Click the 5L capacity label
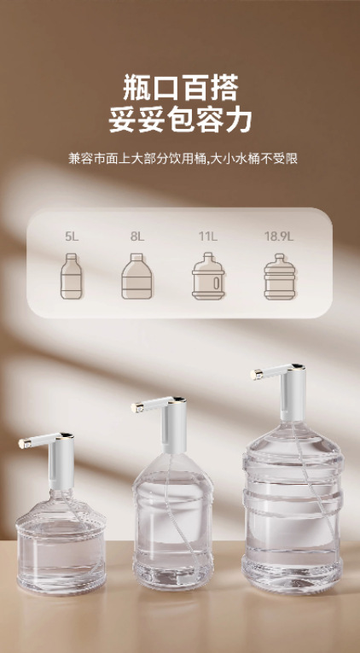click(x=71, y=236)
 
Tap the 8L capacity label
click(x=137, y=236)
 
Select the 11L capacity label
click(x=207, y=236)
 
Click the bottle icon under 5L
click(x=71, y=278)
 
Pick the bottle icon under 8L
click(x=136, y=278)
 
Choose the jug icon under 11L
click(x=207, y=278)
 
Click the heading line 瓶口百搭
click(x=180, y=88)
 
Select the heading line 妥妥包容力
click(x=180, y=120)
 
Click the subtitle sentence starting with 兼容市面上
click(x=180, y=158)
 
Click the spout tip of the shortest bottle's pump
click(x=22, y=443)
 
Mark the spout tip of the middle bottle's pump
click(x=135, y=405)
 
